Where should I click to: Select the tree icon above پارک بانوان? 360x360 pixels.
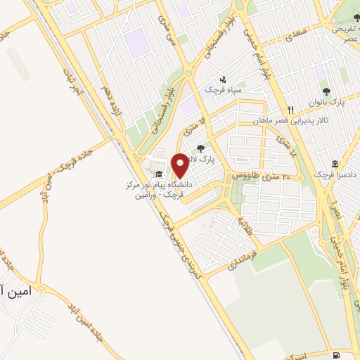click(326, 91)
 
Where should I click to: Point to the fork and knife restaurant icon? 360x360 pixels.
click(290, 109)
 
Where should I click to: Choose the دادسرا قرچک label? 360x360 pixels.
click(331, 174)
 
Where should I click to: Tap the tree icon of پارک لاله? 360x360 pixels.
click(201, 148)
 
